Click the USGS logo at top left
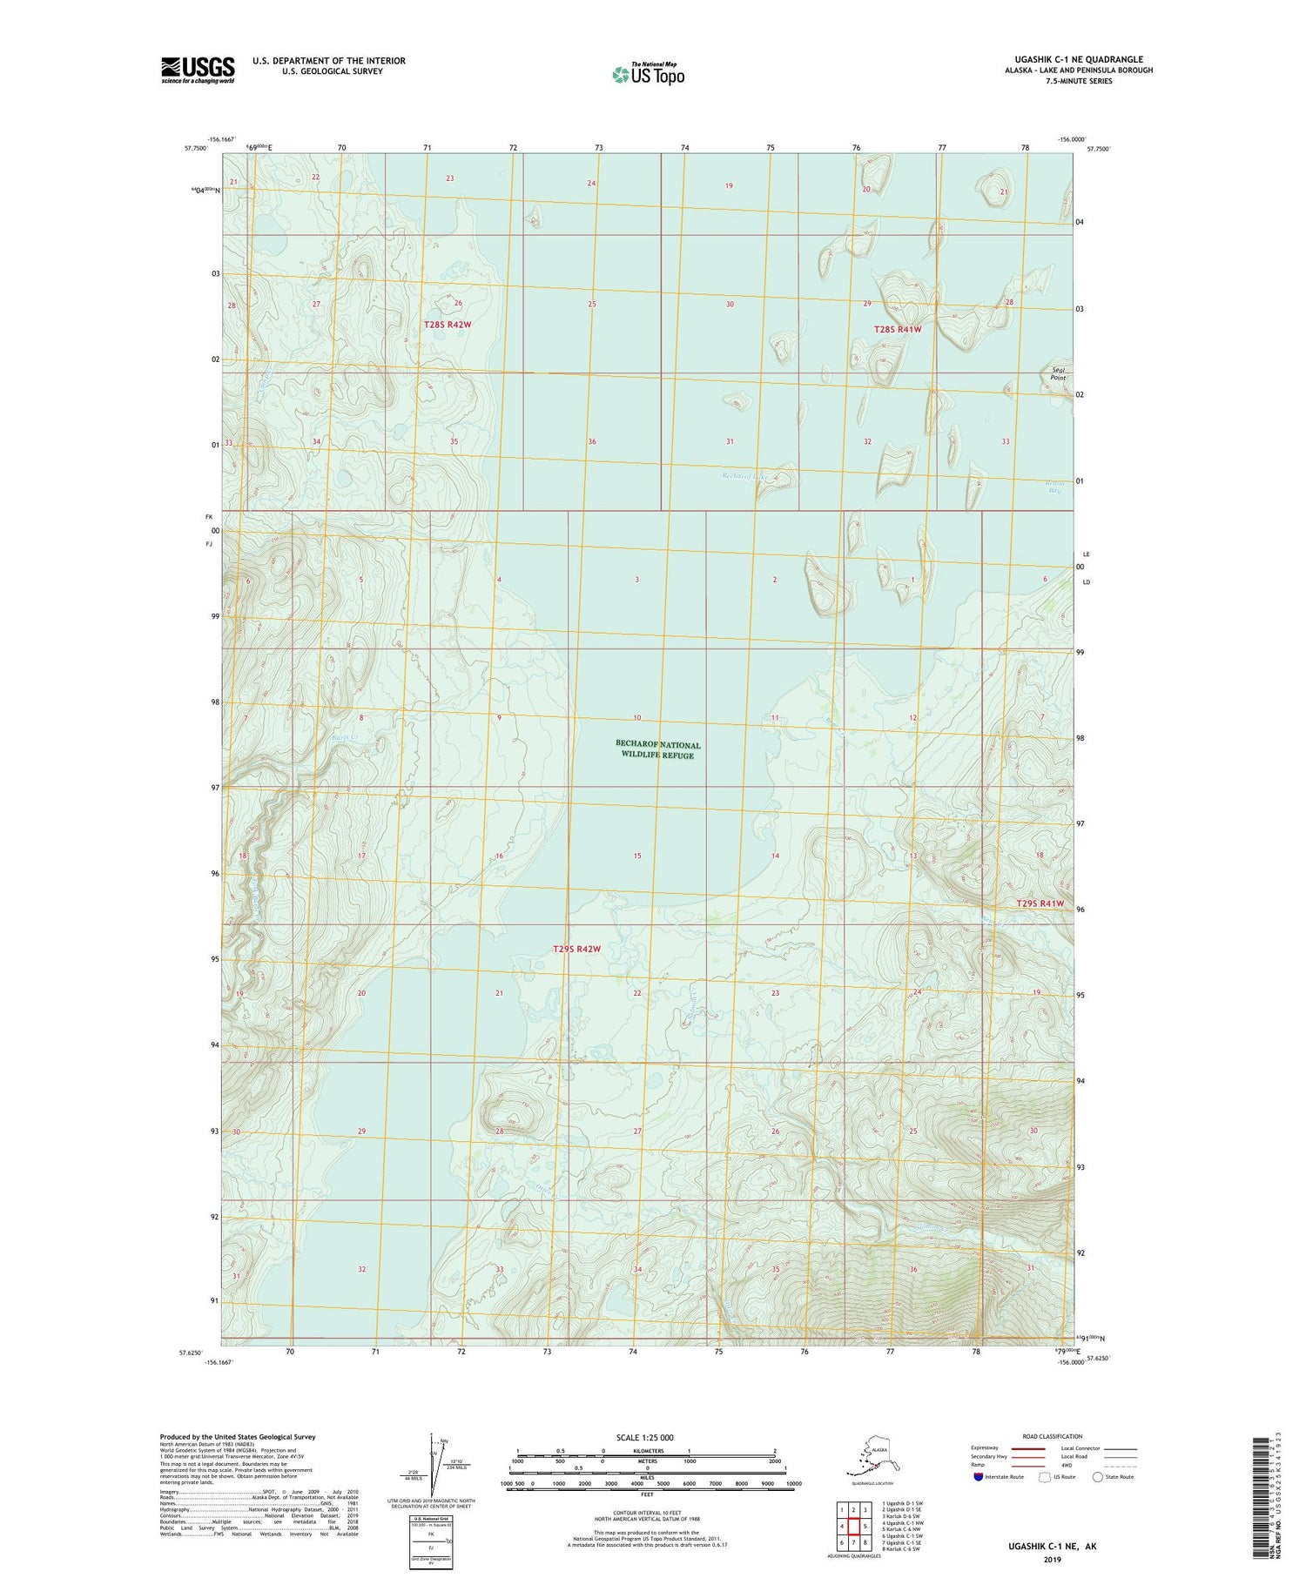[198, 70]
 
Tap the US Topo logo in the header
[648, 74]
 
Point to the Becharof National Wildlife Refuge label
[657, 749]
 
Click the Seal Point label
[1058, 373]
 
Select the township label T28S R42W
[448, 325]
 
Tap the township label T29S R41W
[1040, 903]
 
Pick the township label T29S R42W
[576, 949]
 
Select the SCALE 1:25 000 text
[644, 1437]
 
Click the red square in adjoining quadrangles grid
[853, 1501]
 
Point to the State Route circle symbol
[1097, 1477]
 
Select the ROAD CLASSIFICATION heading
[1052, 1436]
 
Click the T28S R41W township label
[897, 329]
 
